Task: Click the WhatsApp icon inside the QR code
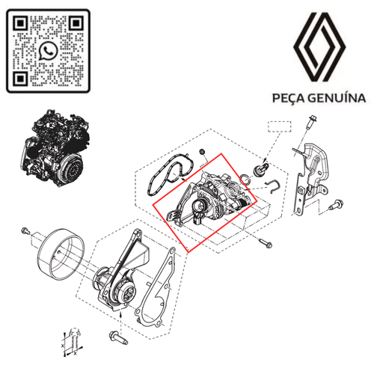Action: point(49,51)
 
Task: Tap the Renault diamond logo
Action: point(320,49)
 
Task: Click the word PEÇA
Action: point(289,97)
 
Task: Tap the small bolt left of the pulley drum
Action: point(25,228)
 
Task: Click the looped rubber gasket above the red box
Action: point(167,177)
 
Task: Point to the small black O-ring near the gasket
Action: point(201,154)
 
